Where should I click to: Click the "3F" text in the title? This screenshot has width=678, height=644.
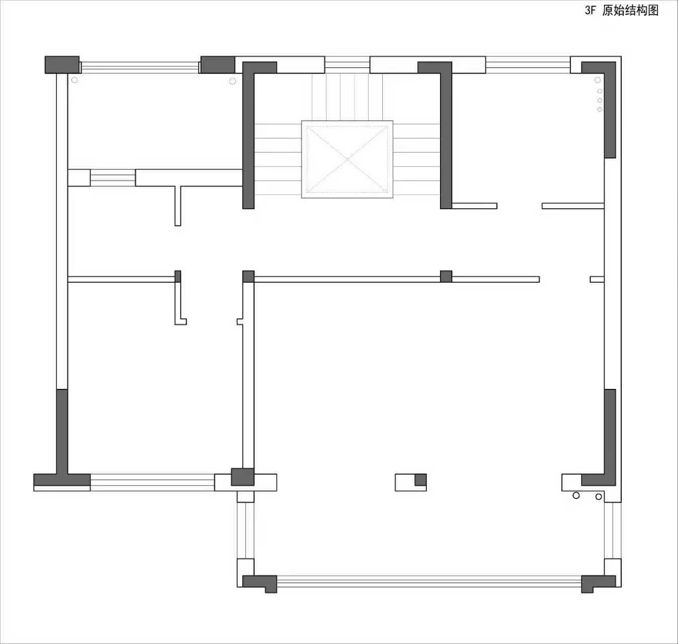pyautogui.click(x=590, y=11)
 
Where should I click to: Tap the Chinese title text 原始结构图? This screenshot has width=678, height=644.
pyautogui.click(x=630, y=11)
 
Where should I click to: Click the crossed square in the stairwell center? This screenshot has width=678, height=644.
pyautogui.click(x=347, y=159)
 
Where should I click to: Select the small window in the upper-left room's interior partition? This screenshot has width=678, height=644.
pyautogui.click(x=113, y=178)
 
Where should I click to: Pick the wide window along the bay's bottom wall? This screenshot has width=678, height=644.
pyautogui.click(x=429, y=582)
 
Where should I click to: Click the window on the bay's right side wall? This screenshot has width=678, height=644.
pyautogui.click(x=613, y=530)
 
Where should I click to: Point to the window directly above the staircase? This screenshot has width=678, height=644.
pyautogui.click(x=347, y=64)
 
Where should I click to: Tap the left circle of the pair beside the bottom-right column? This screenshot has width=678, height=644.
pyautogui.click(x=576, y=496)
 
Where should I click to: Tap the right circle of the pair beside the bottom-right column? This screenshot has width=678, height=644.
pyautogui.click(x=599, y=497)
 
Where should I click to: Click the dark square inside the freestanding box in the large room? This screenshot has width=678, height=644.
pyautogui.click(x=420, y=479)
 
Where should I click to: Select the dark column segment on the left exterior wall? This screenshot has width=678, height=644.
pyautogui.click(x=62, y=431)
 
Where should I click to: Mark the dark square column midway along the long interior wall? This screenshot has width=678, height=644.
pyautogui.click(x=446, y=276)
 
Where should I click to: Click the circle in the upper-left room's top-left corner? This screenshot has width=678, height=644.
pyautogui.click(x=74, y=79)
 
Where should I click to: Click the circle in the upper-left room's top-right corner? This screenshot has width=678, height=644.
pyautogui.click(x=232, y=81)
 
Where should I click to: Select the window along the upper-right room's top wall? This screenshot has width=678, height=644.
pyautogui.click(x=528, y=64)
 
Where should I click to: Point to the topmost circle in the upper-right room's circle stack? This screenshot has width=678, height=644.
pyautogui.click(x=598, y=80)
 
